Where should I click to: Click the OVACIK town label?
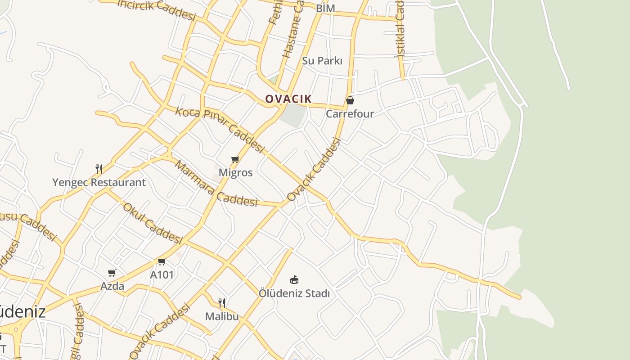pos(288,99)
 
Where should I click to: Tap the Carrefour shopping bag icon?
pos(350,100)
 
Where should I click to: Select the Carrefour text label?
pos(350,113)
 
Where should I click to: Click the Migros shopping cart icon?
pos(235,159)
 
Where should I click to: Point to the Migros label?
pos(235,172)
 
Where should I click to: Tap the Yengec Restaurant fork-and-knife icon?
pos(99,169)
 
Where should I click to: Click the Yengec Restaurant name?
pos(99,182)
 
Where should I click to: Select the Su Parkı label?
pos(322,61)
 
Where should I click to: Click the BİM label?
pos(326,8)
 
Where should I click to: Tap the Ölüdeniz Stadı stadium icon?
pos(294,280)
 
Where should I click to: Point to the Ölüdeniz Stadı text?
pos(294,293)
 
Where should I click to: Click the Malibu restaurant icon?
pos(222,303)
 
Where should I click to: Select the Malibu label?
pos(222,316)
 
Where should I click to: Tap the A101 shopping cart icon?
pos(162,261)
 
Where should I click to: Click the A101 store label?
pos(162,274)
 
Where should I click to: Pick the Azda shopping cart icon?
pos(112,273)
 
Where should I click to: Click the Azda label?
pos(112,286)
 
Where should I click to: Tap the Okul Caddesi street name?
pos(152,223)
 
